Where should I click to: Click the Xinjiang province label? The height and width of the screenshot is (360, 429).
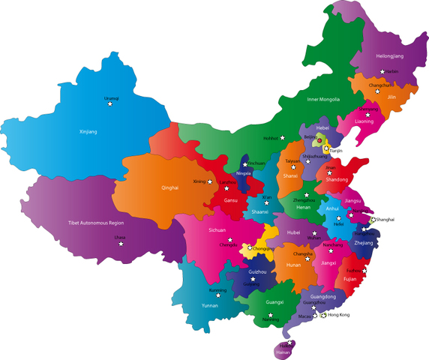coord(88,132)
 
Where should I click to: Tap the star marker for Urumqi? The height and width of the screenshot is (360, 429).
coord(111,103)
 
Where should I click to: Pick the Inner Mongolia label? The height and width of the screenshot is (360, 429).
coord(323,99)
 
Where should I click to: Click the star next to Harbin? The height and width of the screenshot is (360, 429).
coord(382,71)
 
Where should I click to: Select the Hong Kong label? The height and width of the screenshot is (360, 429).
coord(339,315)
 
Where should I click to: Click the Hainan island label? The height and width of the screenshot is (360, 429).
coord(283,350)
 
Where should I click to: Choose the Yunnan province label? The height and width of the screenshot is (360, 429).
coord(211,305)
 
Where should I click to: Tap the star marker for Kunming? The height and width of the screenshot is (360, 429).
coord(218,295)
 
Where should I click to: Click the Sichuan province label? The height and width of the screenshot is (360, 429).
coord(217,230)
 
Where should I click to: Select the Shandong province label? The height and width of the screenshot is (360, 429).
coord(337,179)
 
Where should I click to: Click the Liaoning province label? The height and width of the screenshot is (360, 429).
coord(364,121)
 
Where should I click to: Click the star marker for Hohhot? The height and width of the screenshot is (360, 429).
coord(283,138)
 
